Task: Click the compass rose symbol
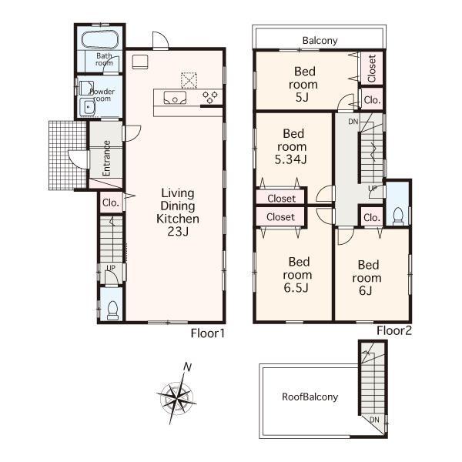pos(176,397)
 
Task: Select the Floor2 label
pos(394,331)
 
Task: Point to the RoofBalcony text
pos(310,397)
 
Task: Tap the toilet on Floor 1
pos(112,309)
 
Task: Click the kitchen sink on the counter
pos(174,97)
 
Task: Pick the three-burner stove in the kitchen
pos(210,96)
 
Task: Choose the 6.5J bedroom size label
pos(296,288)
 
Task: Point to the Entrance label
pos(107,158)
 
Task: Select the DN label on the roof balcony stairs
pos(374,419)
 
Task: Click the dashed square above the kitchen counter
pos(189,79)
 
